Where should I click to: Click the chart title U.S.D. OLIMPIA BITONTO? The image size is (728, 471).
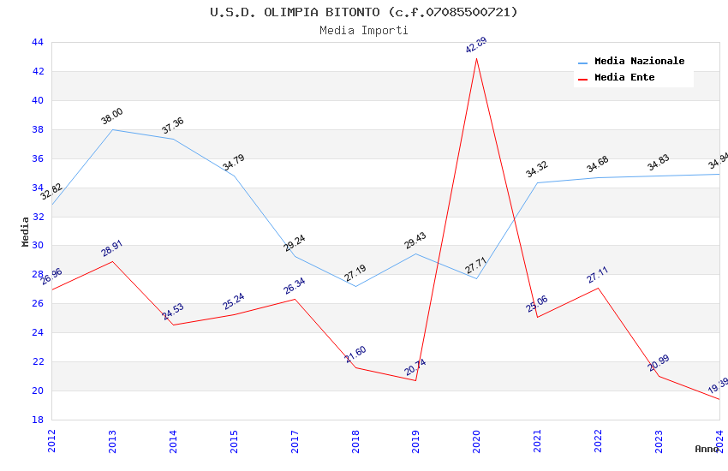[x=364, y=12]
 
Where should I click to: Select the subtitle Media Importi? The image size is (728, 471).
[x=364, y=30]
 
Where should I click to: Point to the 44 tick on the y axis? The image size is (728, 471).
[x=38, y=42]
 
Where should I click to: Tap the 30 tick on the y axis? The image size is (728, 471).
[x=38, y=246]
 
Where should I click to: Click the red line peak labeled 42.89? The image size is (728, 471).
[x=476, y=58]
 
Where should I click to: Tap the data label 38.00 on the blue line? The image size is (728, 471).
[x=112, y=116]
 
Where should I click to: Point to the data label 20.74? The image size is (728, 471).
[x=415, y=367]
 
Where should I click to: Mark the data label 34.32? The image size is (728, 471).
[x=537, y=169]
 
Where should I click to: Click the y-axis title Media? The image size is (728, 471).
[x=26, y=231]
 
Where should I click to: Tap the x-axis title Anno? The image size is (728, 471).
[x=707, y=449]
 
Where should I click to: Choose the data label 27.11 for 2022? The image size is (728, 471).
[x=598, y=274]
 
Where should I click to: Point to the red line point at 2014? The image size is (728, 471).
[x=173, y=325]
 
